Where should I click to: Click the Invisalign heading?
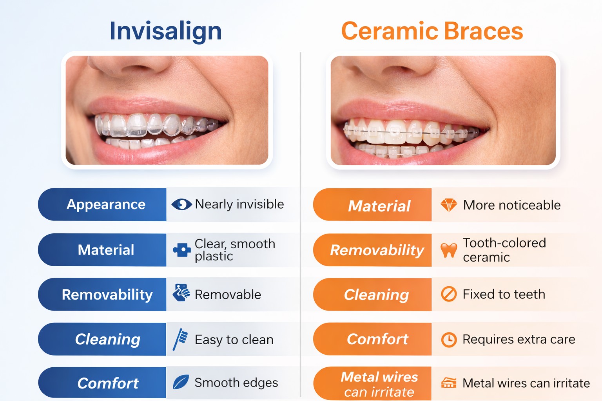pyautogui.click(x=165, y=31)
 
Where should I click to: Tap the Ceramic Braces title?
pyautogui.click(x=432, y=31)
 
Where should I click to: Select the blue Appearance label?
pyautogui.click(x=106, y=204)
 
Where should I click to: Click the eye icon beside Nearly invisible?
pyautogui.click(x=181, y=204)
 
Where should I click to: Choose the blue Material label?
pyautogui.click(x=106, y=250)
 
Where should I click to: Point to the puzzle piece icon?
pyautogui.click(x=181, y=250)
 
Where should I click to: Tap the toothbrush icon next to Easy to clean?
pyautogui.click(x=180, y=339)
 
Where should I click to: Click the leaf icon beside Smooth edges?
pyautogui.click(x=181, y=382)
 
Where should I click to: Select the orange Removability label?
pyautogui.click(x=377, y=250)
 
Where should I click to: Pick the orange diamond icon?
pyautogui.click(x=449, y=205)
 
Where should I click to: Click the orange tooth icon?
pyautogui.click(x=449, y=250)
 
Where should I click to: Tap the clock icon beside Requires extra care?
pyautogui.click(x=449, y=340)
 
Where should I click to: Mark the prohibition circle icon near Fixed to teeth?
pyautogui.click(x=449, y=294)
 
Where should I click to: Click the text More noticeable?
pyautogui.click(x=512, y=205)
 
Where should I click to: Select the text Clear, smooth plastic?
pyautogui.click(x=235, y=250)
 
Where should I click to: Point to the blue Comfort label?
pyautogui.click(x=108, y=383)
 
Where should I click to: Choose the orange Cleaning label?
pyautogui.click(x=376, y=294)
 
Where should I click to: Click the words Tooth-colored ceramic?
pyautogui.click(x=504, y=250)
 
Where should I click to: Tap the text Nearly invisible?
pyautogui.click(x=239, y=204)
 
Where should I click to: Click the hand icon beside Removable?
pyautogui.click(x=181, y=293)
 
